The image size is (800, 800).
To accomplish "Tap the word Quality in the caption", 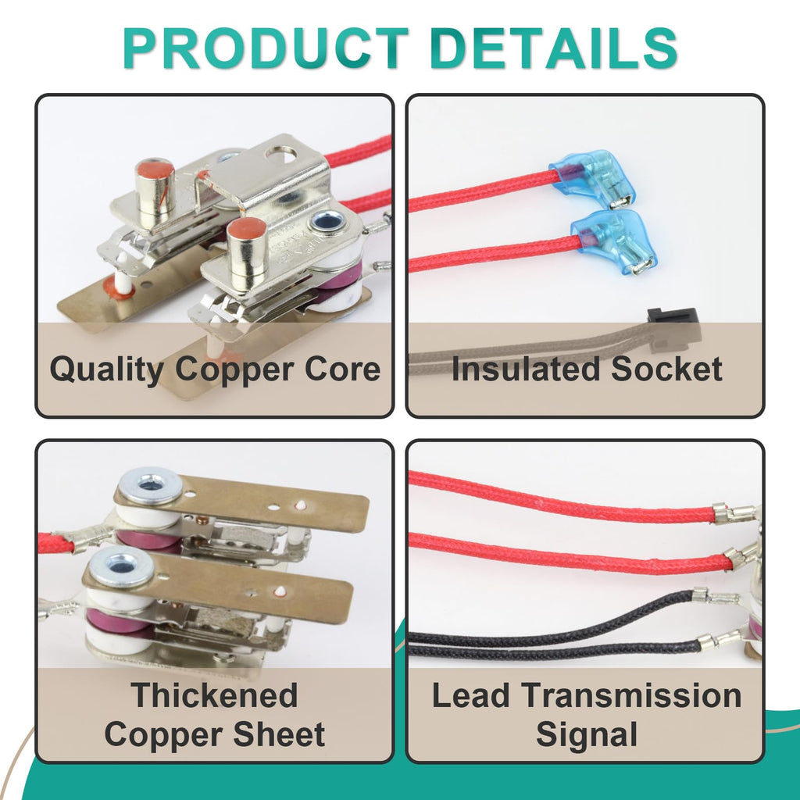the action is [x=106, y=370].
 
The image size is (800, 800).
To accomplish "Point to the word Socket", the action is [x=667, y=369].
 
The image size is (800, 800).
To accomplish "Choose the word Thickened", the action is [x=214, y=695].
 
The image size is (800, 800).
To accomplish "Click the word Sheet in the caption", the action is [x=280, y=734].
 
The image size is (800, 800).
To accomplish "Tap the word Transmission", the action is [x=631, y=695].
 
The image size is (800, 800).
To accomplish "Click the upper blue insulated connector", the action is [x=594, y=178].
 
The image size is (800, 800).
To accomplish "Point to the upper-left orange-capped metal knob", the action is [x=155, y=192].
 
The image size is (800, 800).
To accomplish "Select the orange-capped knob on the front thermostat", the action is [x=247, y=252].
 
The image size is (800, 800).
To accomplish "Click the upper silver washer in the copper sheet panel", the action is [x=149, y=486].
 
